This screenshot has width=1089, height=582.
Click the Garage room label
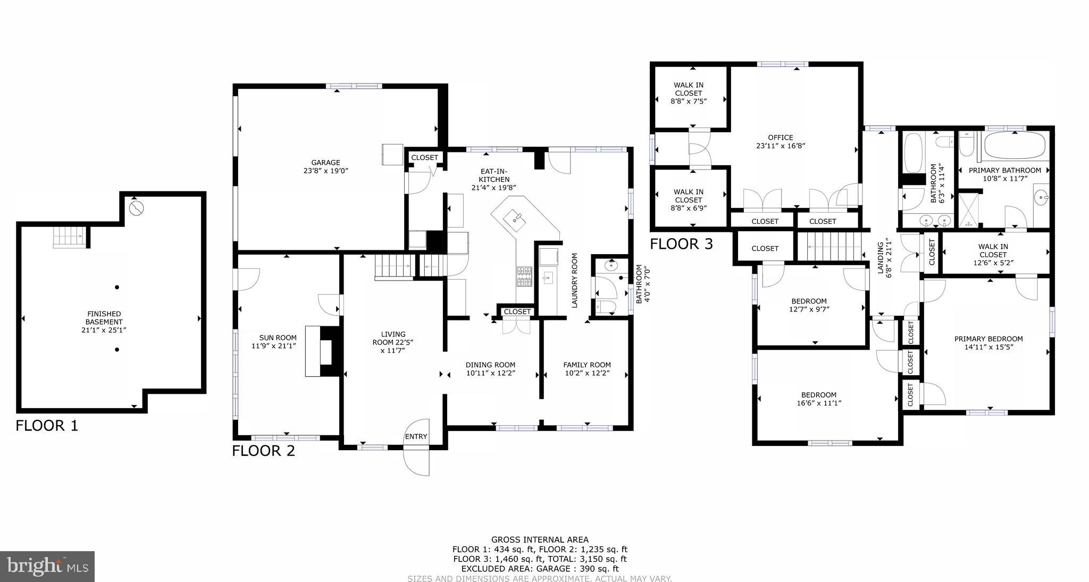[x=325, y=166]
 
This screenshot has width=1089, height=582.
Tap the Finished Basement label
[x=104, y=322]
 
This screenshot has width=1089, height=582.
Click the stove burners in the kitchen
[x=524, y=276]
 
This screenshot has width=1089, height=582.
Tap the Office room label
[x=781, y=141]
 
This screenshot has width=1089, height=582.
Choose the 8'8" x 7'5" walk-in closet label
[x=689, y=93]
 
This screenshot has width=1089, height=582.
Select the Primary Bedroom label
[x=988, y=343]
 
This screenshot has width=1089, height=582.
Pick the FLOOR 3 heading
[x=681, y=244]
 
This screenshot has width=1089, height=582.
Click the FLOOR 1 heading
[x=47, y=426]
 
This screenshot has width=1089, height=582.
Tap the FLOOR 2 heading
[x=263, y=451]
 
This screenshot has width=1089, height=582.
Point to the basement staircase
[x=69, y=236]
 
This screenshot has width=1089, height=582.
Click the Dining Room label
[x=490, y=369]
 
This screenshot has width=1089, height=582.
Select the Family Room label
[x=587, y=369]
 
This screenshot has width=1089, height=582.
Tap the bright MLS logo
[x=47, y=566]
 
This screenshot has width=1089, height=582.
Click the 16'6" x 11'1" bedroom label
[x=818, y=399]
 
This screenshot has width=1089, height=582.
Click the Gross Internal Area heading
[x=540, y=539]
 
